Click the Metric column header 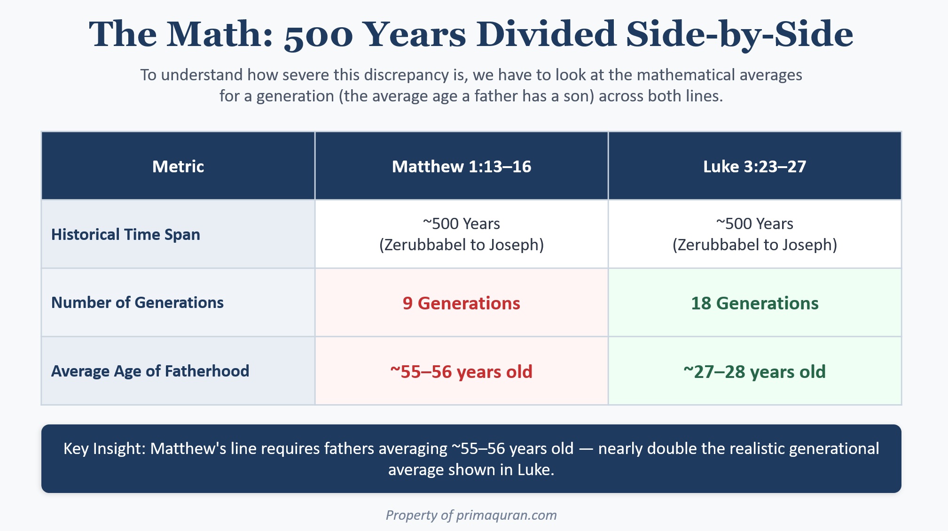coord(178,167)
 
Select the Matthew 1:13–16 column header coord(462,167)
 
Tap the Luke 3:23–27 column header coord(755,167)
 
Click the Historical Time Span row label coord(125,234)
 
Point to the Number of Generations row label coord(137,302)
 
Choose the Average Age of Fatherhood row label coord(150,371)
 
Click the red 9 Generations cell coord(462,303)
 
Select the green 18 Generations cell coord(755,303)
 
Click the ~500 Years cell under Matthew coord(462,234)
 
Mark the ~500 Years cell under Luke coord(755,234)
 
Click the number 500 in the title coord(318,35)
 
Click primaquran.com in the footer coord(507,515)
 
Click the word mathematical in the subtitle coord(688,75)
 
